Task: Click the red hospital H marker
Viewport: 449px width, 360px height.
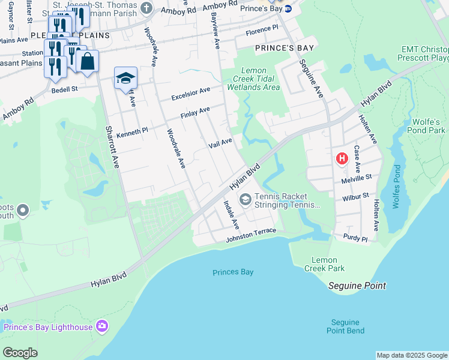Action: (342, 159)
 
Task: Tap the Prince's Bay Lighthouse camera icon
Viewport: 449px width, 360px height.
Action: (102, 326)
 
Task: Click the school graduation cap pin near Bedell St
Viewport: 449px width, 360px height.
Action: (126, 78)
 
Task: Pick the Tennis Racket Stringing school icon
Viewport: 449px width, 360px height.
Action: (245, 199)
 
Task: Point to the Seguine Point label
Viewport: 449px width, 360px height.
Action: (357, 286)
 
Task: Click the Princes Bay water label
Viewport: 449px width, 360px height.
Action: (233, 272)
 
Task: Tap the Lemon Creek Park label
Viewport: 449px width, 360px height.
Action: (328, 264)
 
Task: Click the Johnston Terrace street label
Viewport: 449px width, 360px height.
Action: (250, 235)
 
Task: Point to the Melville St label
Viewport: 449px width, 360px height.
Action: (358, 177)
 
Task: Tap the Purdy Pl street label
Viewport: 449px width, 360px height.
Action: (355, 238)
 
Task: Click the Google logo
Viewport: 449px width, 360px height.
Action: (20, 353)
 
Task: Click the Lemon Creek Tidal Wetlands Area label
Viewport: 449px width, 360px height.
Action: (260, 79)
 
